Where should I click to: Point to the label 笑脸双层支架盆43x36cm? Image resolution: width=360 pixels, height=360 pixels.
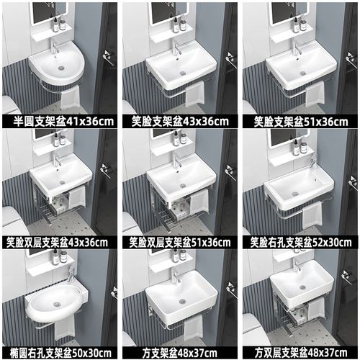60,242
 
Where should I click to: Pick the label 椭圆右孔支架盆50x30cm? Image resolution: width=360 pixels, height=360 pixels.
60,353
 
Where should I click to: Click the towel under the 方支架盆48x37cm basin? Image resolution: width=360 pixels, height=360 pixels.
192,329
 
